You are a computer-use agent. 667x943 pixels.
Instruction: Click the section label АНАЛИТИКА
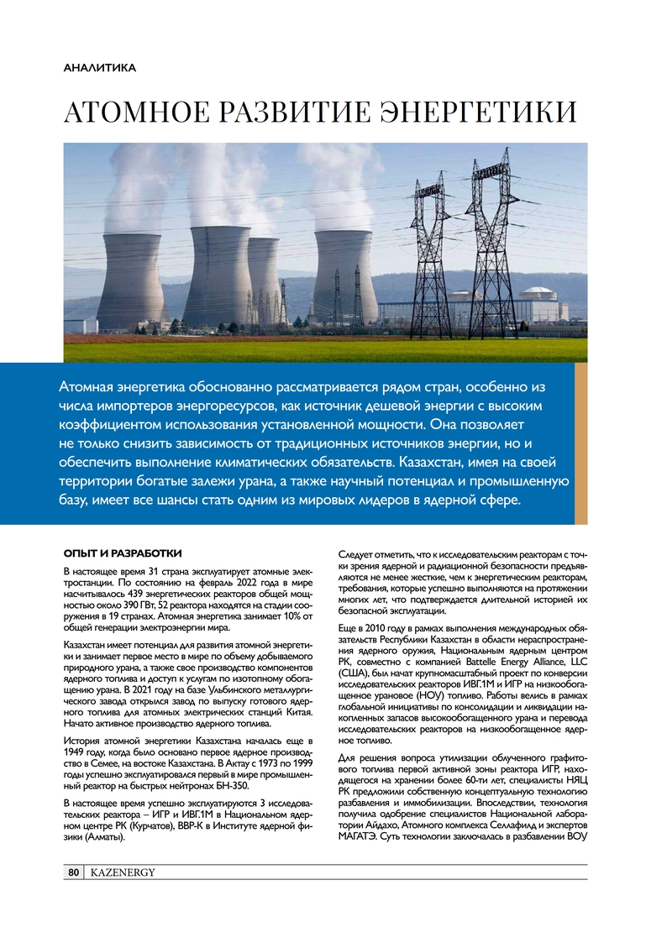pyautogui.click(x=100, y=66)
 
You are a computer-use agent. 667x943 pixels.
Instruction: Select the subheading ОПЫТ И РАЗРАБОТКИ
pyautogui.click(x=123, y=554)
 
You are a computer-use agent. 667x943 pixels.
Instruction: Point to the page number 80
pyautogui.click(x=72, y=873)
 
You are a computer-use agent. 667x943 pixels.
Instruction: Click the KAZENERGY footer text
pyautogui.click(x=123, y=873)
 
